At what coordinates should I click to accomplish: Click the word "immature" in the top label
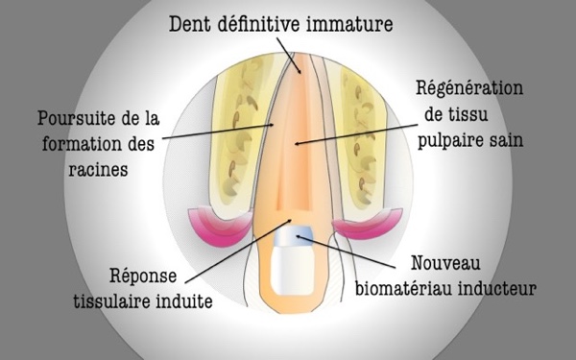pos(349,24)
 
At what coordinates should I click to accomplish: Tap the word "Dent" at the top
pos(190,24)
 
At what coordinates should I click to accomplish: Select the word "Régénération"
pos(469,89)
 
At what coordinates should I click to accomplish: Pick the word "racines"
pos(99,170)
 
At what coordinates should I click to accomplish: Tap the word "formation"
pos(82,144)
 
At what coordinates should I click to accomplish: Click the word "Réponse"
pos(143,276)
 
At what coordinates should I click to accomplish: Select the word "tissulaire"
pos(112,301)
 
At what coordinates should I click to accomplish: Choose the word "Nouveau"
pos(445,263)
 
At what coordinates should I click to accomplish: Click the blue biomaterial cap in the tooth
pos(294,235)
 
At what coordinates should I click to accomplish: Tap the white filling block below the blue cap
pos(293,271)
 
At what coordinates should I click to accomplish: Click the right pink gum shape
pos(368,225)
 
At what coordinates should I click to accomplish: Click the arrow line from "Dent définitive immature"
pos(289,56)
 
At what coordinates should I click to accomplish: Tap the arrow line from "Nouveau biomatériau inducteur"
pos(346,252)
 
